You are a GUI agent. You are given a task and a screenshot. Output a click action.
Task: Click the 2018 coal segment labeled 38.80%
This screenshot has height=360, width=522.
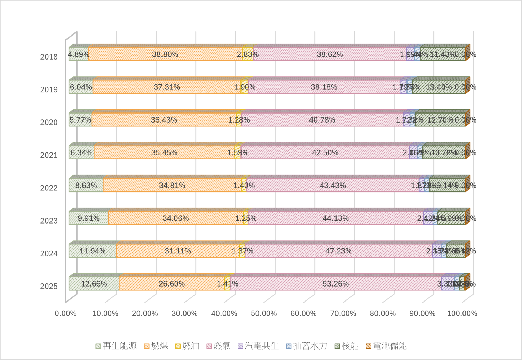[x=165, y=54]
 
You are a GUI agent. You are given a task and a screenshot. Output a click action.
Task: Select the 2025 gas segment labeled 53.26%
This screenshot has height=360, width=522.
[x=335, y=284]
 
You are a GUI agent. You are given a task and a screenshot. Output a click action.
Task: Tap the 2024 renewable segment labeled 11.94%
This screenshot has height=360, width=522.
[x=93, y=251]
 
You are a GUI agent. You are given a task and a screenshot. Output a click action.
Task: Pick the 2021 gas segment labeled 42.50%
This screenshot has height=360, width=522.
[x=325, y=152]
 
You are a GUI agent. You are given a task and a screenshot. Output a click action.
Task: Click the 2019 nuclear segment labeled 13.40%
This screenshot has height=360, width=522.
[x=439, y=87]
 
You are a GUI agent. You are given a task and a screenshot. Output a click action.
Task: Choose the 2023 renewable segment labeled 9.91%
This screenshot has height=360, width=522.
[x=88, y=218]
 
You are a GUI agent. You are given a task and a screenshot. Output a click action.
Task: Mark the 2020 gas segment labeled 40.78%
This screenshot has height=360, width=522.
[x=322, y=120]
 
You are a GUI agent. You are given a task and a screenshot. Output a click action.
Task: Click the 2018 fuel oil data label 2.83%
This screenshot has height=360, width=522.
[x=248, y=54]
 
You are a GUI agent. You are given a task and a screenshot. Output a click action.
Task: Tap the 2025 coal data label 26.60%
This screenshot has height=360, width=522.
[x=172, y=284]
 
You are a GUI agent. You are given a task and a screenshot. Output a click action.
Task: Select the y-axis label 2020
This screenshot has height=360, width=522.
[x=49, y=123]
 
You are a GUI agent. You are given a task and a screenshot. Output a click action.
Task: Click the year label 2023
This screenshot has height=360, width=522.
[x=49, y=221]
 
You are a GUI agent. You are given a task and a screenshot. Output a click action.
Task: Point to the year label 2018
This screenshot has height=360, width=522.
[x=49, y=57]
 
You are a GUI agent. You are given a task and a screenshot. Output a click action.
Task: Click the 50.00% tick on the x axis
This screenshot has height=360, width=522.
[x=264, y=313]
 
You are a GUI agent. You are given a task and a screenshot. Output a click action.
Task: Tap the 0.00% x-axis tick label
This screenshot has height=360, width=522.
[x=65, y=313]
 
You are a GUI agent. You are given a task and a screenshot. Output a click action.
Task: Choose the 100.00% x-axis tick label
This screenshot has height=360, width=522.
[x=462, y=313]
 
